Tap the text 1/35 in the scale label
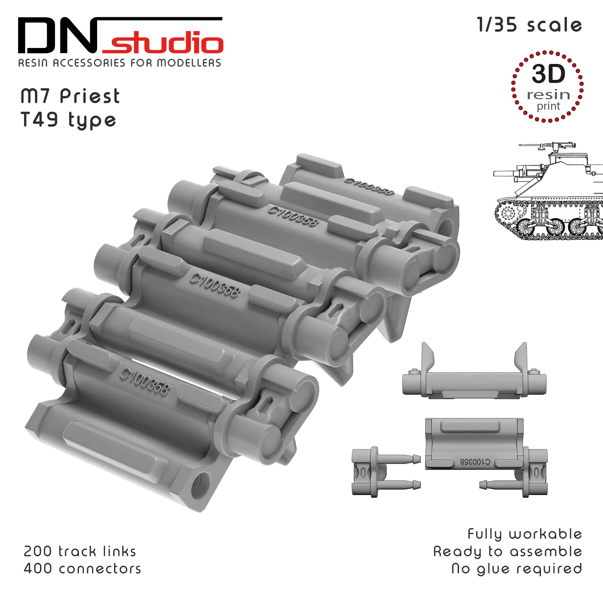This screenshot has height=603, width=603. point(497,25)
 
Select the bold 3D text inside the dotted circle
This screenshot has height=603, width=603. point(548,74)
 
